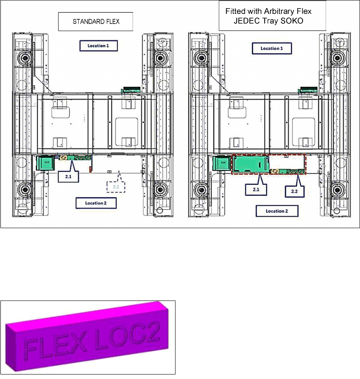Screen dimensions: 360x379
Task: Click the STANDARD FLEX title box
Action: coord(95,22)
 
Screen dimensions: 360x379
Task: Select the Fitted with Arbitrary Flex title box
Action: coord(272,16)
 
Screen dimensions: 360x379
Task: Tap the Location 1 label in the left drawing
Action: coord(99,46)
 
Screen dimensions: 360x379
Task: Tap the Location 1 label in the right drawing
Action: coord(272,48)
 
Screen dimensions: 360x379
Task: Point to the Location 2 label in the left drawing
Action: coord(96,203)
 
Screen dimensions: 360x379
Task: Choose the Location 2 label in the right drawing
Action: coord(277,211)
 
